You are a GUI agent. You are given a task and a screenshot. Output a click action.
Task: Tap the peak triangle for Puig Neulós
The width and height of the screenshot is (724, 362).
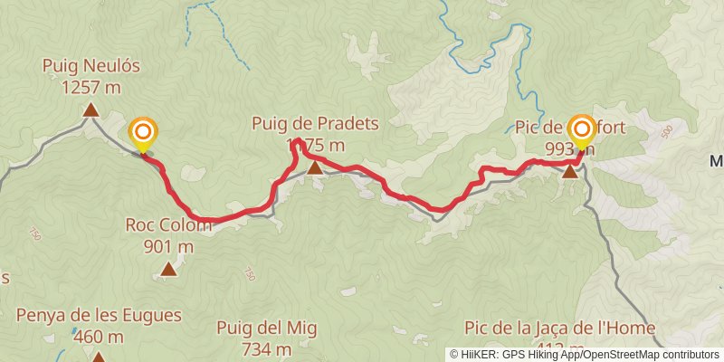90,110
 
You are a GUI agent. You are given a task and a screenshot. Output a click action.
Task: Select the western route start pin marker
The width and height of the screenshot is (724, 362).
143,135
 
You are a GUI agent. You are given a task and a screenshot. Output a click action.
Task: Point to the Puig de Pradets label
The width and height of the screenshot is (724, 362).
315,123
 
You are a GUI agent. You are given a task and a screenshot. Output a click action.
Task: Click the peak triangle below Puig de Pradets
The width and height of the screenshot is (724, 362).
314,167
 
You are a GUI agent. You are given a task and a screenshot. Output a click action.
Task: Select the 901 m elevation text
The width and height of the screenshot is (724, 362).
168,245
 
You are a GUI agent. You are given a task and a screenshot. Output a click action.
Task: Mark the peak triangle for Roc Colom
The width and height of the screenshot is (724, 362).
168,269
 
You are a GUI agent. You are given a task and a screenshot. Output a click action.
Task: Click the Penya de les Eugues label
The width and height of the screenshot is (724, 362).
99,316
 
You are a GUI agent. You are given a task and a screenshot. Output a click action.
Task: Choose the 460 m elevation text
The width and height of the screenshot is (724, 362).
99,337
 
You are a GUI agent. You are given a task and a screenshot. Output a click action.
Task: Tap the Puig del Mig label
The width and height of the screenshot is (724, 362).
267,328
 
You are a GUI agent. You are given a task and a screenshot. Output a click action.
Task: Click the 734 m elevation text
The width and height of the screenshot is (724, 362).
267,348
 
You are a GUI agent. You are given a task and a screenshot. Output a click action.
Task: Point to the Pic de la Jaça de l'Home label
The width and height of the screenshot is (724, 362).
558,328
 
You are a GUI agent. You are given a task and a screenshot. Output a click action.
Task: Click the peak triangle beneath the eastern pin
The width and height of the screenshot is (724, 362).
569,171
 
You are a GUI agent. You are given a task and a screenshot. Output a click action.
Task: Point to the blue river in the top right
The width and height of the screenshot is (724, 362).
523,63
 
